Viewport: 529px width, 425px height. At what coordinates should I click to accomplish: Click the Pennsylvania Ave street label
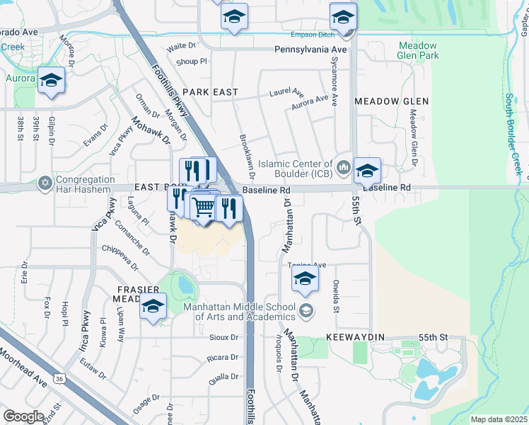point(311,50)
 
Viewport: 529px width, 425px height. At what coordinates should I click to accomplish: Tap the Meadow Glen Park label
point(418,50)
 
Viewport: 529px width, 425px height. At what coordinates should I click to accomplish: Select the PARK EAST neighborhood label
point(210,93)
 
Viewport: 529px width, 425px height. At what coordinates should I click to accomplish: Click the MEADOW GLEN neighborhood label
point(391,101)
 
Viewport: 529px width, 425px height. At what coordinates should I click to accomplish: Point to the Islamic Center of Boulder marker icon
point(344,167)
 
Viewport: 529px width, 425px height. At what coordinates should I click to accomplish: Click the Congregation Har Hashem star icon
point(46,183)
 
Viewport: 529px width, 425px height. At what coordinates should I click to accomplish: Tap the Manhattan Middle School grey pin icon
point(306,310)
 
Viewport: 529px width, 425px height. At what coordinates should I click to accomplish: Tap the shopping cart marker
point(203,207)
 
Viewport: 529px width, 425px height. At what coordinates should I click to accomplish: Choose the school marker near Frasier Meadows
point(152,307)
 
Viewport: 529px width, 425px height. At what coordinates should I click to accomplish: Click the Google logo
point(23,416)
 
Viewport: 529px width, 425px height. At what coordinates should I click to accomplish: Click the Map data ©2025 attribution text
point(499,419)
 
